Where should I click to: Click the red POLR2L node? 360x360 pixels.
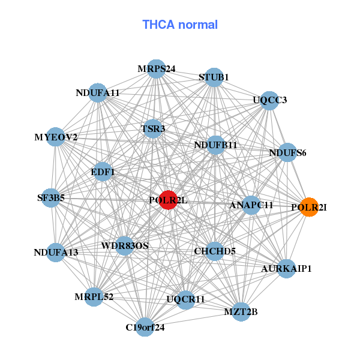(168, 200)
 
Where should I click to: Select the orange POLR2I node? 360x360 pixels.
(309, 207)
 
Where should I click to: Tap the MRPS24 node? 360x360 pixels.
(156, 69)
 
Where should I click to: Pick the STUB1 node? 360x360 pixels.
(214, 77)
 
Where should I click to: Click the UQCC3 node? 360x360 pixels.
(270, 100)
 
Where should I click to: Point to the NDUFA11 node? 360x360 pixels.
(98, 93)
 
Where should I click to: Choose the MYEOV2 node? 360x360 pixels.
(56, 137)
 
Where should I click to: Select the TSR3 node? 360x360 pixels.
(153, 128)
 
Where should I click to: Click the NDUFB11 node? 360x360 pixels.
(216, 145)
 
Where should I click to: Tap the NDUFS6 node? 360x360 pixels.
(287, 152)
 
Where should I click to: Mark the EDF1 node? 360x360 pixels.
(103, 172)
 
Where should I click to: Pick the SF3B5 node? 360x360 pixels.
(51, 197)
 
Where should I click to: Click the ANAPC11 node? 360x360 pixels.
(251, 205)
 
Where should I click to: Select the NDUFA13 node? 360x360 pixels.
(56, 252)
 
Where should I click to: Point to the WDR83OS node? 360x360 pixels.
(125, 245)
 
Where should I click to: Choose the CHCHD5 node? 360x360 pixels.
(214, 251)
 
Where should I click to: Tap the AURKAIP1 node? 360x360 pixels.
(286, 268)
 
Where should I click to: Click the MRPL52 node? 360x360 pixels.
(94, 297)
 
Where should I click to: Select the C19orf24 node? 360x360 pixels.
(145, 327)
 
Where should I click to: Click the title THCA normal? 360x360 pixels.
(180, 25)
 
